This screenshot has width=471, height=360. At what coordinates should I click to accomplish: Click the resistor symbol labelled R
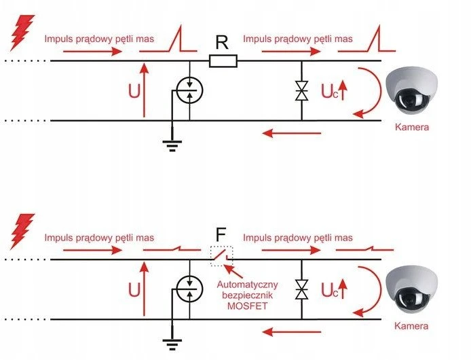[x=223, y=60]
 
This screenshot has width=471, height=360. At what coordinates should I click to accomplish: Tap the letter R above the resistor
[x=222, y=42]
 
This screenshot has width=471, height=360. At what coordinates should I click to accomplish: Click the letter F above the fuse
[x=221, y=235]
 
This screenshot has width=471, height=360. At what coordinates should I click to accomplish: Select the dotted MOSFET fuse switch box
[x=222, y=256]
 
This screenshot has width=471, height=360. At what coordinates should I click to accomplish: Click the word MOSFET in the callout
[x=247, y=306]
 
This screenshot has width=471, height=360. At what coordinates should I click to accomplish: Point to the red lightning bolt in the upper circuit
[x=22, y=33]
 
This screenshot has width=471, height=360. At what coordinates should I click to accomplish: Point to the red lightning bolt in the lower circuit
[x=22, y=231]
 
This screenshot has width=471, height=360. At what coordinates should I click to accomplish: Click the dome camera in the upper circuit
[x=412, y=92]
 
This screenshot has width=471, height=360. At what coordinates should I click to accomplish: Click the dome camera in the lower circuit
[x=412, y=291]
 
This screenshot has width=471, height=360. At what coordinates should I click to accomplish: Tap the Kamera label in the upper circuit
[x=412, y=127]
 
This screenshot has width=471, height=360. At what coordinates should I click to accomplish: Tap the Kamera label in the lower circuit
[x=411, y=326]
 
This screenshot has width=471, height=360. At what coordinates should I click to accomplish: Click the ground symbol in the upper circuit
[x=172, y=145]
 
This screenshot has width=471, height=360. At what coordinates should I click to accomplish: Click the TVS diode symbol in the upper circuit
[x=301, y=90]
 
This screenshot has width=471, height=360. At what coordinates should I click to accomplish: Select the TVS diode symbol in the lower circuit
[x=301, y=289]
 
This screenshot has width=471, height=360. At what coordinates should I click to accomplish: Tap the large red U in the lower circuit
[x=134, y=290]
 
